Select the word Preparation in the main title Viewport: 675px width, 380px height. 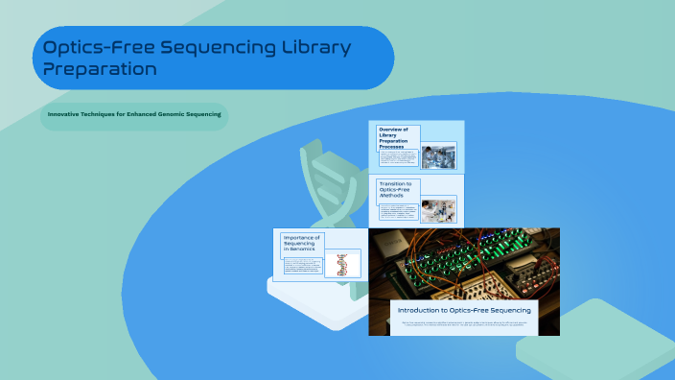click(101, 69)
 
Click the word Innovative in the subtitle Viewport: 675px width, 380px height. click(66, 114)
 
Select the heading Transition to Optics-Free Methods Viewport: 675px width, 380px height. click(397, 189)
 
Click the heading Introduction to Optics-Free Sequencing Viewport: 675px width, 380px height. click(464, 310)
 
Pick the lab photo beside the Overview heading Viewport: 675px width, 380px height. click(438, 155)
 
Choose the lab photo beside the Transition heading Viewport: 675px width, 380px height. click(438, 209)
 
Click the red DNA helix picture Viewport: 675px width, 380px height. click(342, 264)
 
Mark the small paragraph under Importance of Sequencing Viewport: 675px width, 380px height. click(301, 266)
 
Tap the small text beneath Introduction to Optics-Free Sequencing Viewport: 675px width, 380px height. click(464, 324)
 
